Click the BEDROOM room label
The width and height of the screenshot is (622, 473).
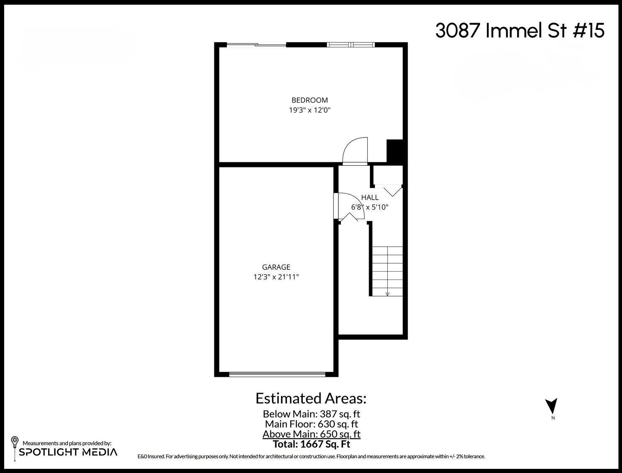309,100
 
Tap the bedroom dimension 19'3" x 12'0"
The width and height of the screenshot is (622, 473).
309,110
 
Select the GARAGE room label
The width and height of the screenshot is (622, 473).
276,267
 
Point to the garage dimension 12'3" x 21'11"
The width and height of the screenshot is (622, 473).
276,277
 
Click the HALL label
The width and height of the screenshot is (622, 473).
369,198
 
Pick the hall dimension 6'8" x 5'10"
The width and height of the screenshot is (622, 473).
369,207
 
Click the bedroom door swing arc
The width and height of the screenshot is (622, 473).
355,150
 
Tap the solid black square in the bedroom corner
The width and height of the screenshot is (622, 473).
394,151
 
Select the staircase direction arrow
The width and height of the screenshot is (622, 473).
387,293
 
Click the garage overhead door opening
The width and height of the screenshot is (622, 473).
277,374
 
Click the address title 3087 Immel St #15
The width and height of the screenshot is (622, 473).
520,31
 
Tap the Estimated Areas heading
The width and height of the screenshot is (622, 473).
311,398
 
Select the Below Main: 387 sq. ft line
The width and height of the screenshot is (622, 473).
311,414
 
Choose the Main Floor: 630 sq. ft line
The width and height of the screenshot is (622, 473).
311,424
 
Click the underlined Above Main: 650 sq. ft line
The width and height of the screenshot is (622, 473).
311,434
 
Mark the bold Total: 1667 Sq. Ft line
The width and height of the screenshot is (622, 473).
311,444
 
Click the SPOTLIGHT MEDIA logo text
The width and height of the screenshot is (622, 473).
68,452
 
